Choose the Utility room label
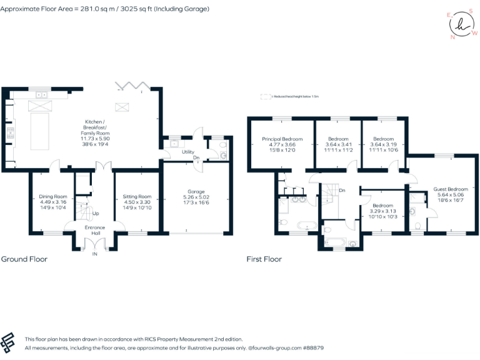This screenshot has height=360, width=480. (x=188, y=152)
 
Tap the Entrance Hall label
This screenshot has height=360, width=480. (x=96, y=231)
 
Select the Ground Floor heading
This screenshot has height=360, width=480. (x=24, y=259)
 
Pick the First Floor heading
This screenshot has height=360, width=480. (x=264, y=259)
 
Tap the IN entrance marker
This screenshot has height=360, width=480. (x=95, y=254)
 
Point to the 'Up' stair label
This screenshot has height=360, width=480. (x=96, y=214)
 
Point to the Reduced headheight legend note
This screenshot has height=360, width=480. (x=292, y=97)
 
